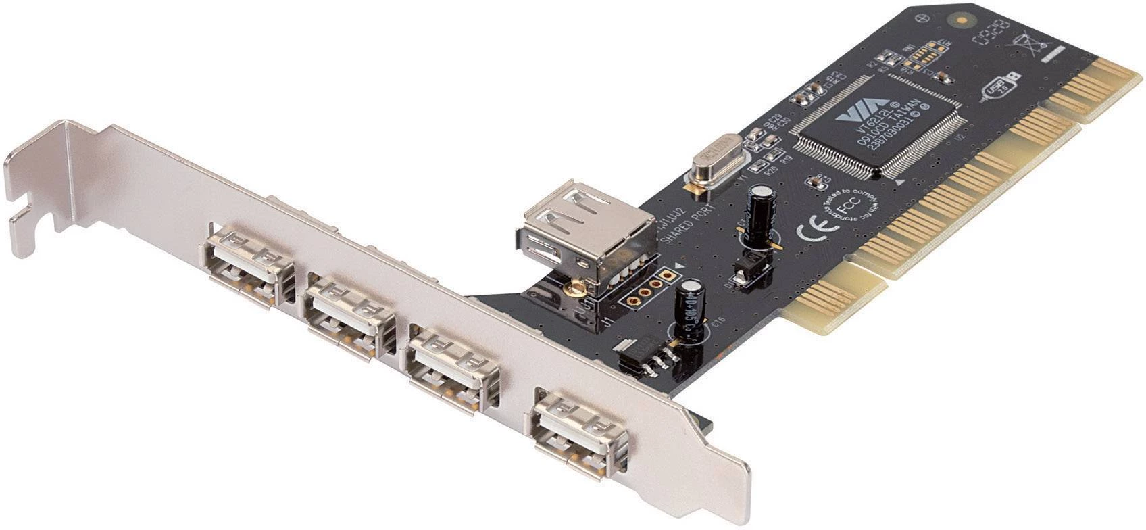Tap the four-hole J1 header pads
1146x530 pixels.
pyautogui.click(x=649, y=287)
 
